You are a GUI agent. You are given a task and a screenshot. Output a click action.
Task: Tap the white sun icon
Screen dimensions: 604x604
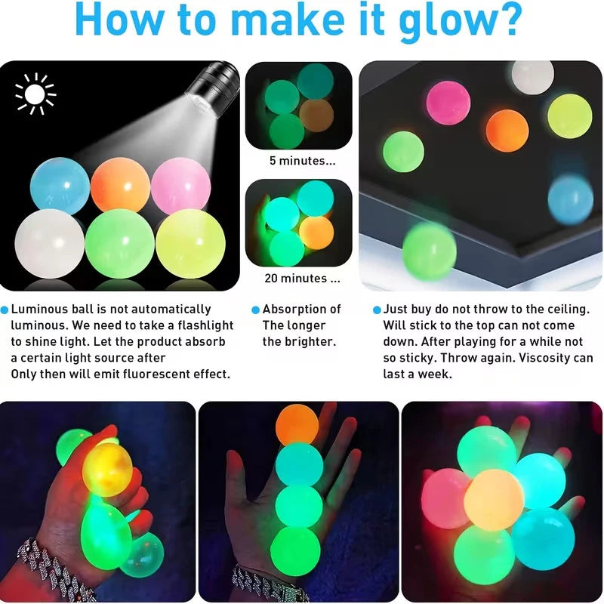pos(35,94)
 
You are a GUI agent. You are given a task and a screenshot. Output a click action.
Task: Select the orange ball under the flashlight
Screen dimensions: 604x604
pos(120,185)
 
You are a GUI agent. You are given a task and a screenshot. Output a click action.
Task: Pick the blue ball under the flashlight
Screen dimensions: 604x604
pos(60,186)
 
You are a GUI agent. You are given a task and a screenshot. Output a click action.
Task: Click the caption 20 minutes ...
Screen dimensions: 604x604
pos(301,278)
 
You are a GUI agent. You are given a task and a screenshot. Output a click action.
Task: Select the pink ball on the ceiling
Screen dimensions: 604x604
pos(448,103)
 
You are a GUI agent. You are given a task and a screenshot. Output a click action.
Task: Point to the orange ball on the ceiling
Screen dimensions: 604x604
pos(507,130)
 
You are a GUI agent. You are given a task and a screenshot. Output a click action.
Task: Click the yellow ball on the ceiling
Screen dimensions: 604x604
pos(569,116)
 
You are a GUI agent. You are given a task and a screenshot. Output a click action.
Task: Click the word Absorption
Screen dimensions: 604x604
pos(301,309)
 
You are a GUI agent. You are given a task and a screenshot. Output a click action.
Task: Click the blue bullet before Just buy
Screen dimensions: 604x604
pos(377,310)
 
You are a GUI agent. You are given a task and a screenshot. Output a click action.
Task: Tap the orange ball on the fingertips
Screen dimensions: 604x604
pos(297,425)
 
